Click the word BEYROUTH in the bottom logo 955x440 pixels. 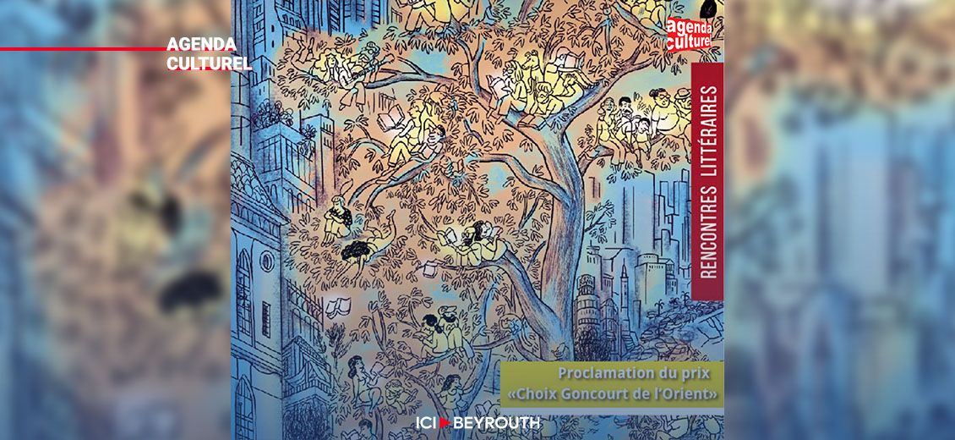(x=497, y=423)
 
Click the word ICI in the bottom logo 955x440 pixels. (x=426, y=423)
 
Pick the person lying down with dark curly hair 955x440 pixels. (x=359, y=249)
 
